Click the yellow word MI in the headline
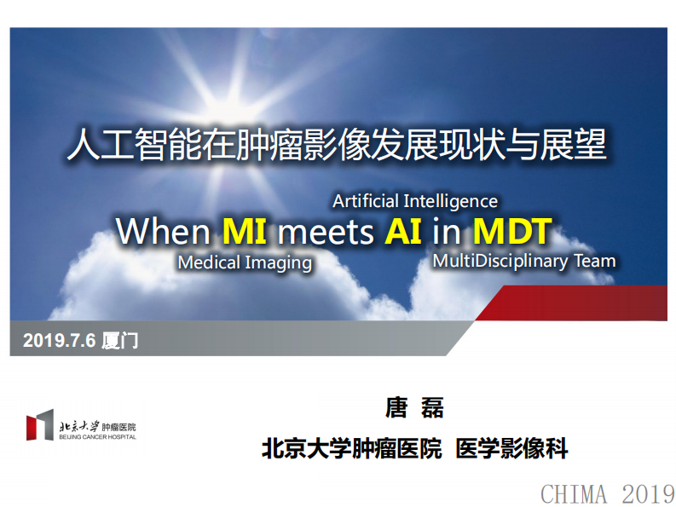[x=246, y=231]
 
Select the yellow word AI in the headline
[x=403, y=231]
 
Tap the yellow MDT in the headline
[x=512, y=231]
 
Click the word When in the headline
[x=163, y=231]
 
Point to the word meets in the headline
[x=326, y=231]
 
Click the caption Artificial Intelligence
[x=415, y=201]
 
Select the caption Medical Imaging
[x=245, y=262]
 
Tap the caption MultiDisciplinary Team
[x=523, y=260]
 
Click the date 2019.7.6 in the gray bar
[x=59, y=342]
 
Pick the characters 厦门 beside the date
[x=119, y=342]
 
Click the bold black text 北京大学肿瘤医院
[x=352, y=448]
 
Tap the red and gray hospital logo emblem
[x=39, y=425]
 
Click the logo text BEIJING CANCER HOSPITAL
[x=97, y=436]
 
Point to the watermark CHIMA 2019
[x=607, y=493]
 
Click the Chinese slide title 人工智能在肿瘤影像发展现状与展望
[x=337, y=145]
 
